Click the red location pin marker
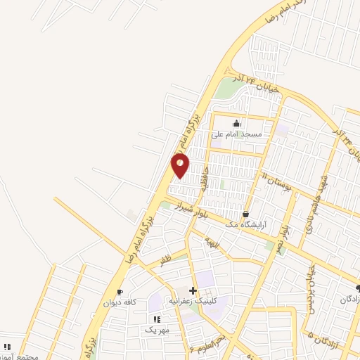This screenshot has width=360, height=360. click(x=181, y=165)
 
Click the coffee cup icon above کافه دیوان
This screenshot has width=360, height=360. click(x=120, y=292)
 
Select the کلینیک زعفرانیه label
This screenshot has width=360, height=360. click(x=192, y=301)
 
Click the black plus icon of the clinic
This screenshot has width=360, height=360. click(x=193, y=290)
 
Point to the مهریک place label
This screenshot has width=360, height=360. click(x=157, y=329)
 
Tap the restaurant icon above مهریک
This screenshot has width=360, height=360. click(x=157, y=319)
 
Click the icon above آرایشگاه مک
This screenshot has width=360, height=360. click(x=245, y=214)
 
